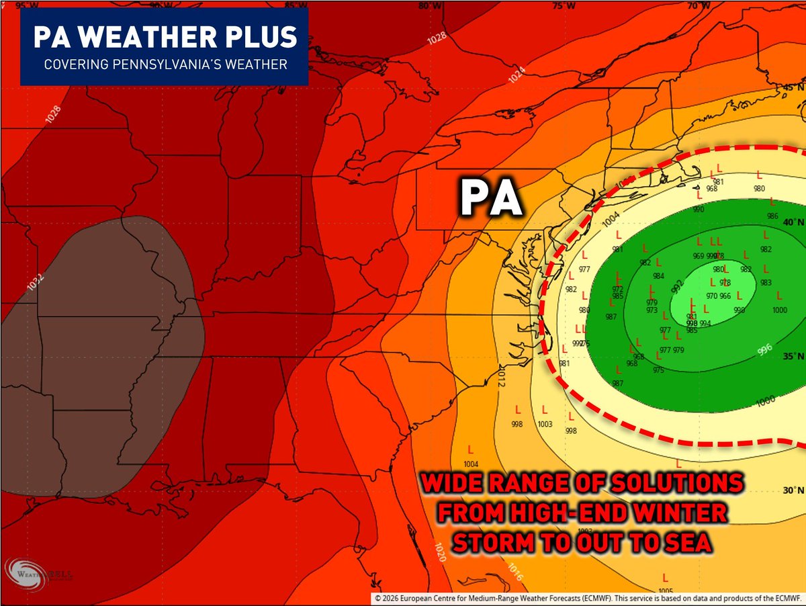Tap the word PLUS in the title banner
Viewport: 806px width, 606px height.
(261, 37)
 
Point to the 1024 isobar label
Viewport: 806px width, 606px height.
(517, 75)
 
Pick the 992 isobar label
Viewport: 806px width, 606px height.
(676, 288)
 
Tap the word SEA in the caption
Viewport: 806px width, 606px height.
(685, 543)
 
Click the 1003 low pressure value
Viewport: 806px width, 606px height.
(545, 424)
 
